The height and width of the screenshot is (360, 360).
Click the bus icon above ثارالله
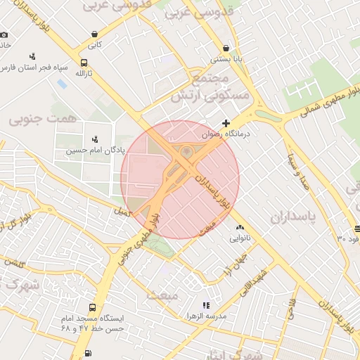84,63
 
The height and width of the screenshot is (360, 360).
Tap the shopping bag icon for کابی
94,34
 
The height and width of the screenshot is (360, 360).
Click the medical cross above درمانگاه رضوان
226,123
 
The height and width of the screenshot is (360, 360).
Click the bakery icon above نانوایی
240,228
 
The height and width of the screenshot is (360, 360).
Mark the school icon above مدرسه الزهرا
205,306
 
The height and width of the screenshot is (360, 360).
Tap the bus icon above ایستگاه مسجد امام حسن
93,308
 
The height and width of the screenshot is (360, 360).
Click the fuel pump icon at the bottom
87,354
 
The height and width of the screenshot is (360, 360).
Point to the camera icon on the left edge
4,34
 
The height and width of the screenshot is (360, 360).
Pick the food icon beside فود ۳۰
358,228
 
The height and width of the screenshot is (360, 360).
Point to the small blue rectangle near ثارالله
63,84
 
